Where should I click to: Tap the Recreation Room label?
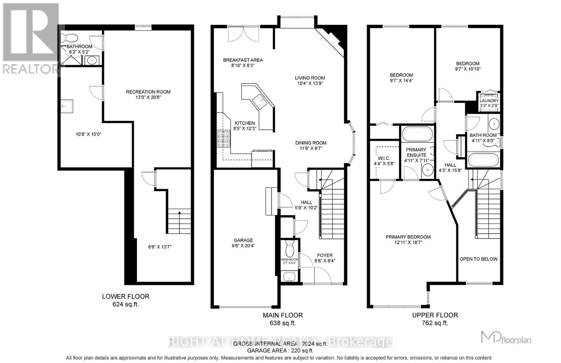[148, 92]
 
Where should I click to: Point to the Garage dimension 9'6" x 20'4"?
[243, 246]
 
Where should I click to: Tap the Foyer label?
[325, 255]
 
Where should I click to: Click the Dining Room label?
[311, 143]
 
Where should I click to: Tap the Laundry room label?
[489, 101]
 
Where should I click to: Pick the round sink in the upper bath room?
[494, 124]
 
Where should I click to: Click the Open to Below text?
[478, 259]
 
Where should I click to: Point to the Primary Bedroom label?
[408, 237]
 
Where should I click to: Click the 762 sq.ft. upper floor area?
[435, 323]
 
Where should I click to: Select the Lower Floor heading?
[126, 296]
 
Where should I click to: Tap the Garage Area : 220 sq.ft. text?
[280, 350]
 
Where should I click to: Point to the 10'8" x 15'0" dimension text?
[89, 134]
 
